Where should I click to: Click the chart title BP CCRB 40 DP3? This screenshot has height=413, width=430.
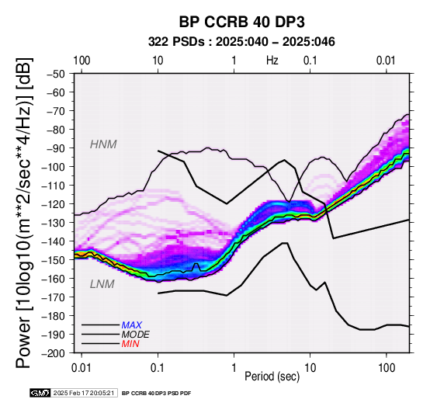241,22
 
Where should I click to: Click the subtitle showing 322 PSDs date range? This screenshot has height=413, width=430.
241,42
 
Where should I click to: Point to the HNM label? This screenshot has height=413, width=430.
103,144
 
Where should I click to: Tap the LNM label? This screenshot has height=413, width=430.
102,284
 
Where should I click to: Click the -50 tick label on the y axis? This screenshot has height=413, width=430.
56,74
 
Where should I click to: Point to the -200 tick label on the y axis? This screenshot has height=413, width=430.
54,352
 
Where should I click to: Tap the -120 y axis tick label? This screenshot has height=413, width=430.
54,203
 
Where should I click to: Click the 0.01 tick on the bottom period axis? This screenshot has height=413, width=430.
81,368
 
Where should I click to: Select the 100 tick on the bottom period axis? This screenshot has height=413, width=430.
387,368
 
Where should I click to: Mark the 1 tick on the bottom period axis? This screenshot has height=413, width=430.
234,368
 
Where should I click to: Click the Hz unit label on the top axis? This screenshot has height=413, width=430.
272,61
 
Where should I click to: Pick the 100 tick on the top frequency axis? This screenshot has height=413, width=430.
81,61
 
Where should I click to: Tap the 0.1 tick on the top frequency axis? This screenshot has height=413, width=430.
310,61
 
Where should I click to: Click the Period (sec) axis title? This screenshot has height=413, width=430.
272,377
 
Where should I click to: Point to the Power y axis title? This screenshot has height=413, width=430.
23,213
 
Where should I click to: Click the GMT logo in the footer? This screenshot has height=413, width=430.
40,393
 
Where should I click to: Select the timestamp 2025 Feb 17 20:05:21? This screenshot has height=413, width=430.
84,393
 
